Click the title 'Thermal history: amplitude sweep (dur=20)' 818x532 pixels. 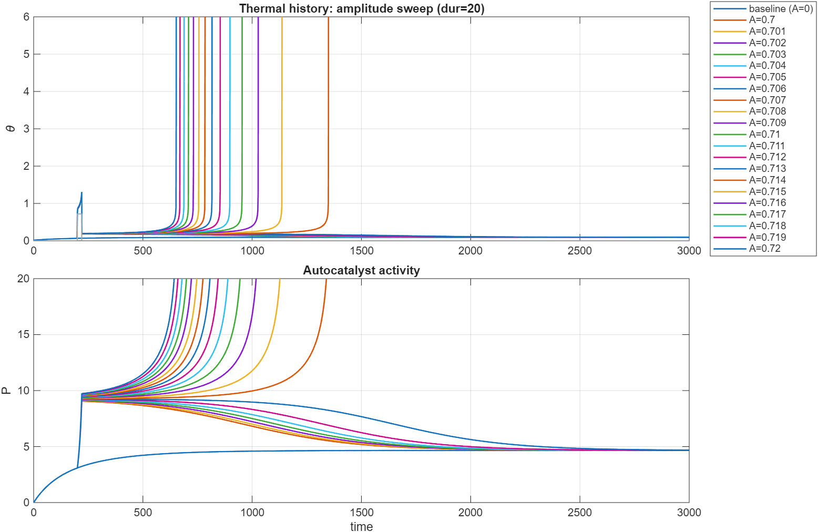point(361,8)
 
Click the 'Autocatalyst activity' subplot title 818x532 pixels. point(361,270)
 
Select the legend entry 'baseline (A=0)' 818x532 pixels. point(780,8)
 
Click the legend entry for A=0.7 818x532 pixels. point(762,20)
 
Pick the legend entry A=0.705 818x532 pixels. point(767,77)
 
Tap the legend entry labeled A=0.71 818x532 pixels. point(764,135)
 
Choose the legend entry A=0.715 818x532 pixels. point(767,192)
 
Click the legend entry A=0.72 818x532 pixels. point(764,249)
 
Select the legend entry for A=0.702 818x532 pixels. point(767,43)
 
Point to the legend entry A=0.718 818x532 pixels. point(767,226)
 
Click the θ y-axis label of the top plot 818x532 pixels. point(12,129)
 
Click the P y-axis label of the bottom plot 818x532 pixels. point(6,391)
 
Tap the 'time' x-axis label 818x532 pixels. point(361,527)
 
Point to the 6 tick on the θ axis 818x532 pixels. point(26,17)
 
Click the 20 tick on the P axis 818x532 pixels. point(23,279)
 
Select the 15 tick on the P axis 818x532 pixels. point(23,335)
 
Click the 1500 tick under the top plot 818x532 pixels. point(361,251)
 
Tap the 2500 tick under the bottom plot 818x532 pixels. point(579,513)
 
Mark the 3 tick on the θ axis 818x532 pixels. point(26,129)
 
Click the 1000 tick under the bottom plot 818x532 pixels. point(252,513)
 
